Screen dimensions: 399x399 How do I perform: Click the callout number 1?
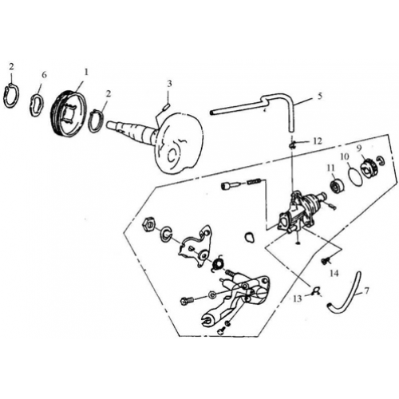(x=87, y=72)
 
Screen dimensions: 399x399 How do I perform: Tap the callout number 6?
(x=44, y=74)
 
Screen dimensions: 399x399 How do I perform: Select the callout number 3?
(x=169, y=84)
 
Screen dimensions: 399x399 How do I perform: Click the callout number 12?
(x=317, y=140)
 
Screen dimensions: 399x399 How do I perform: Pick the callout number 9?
(x=359, y=148)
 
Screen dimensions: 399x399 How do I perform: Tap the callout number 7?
(x=366, y=291)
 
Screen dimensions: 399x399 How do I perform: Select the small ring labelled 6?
(x=37, y=104)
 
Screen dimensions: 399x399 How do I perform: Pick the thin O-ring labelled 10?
(x=354, y=175)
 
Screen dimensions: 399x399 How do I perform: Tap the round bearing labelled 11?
(x=334, y=188)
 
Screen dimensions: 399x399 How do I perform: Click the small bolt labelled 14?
(x=326, y=260)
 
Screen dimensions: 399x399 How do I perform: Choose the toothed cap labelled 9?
(x=369, y=168)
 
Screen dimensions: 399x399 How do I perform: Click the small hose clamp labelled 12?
(x=294, y=144)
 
